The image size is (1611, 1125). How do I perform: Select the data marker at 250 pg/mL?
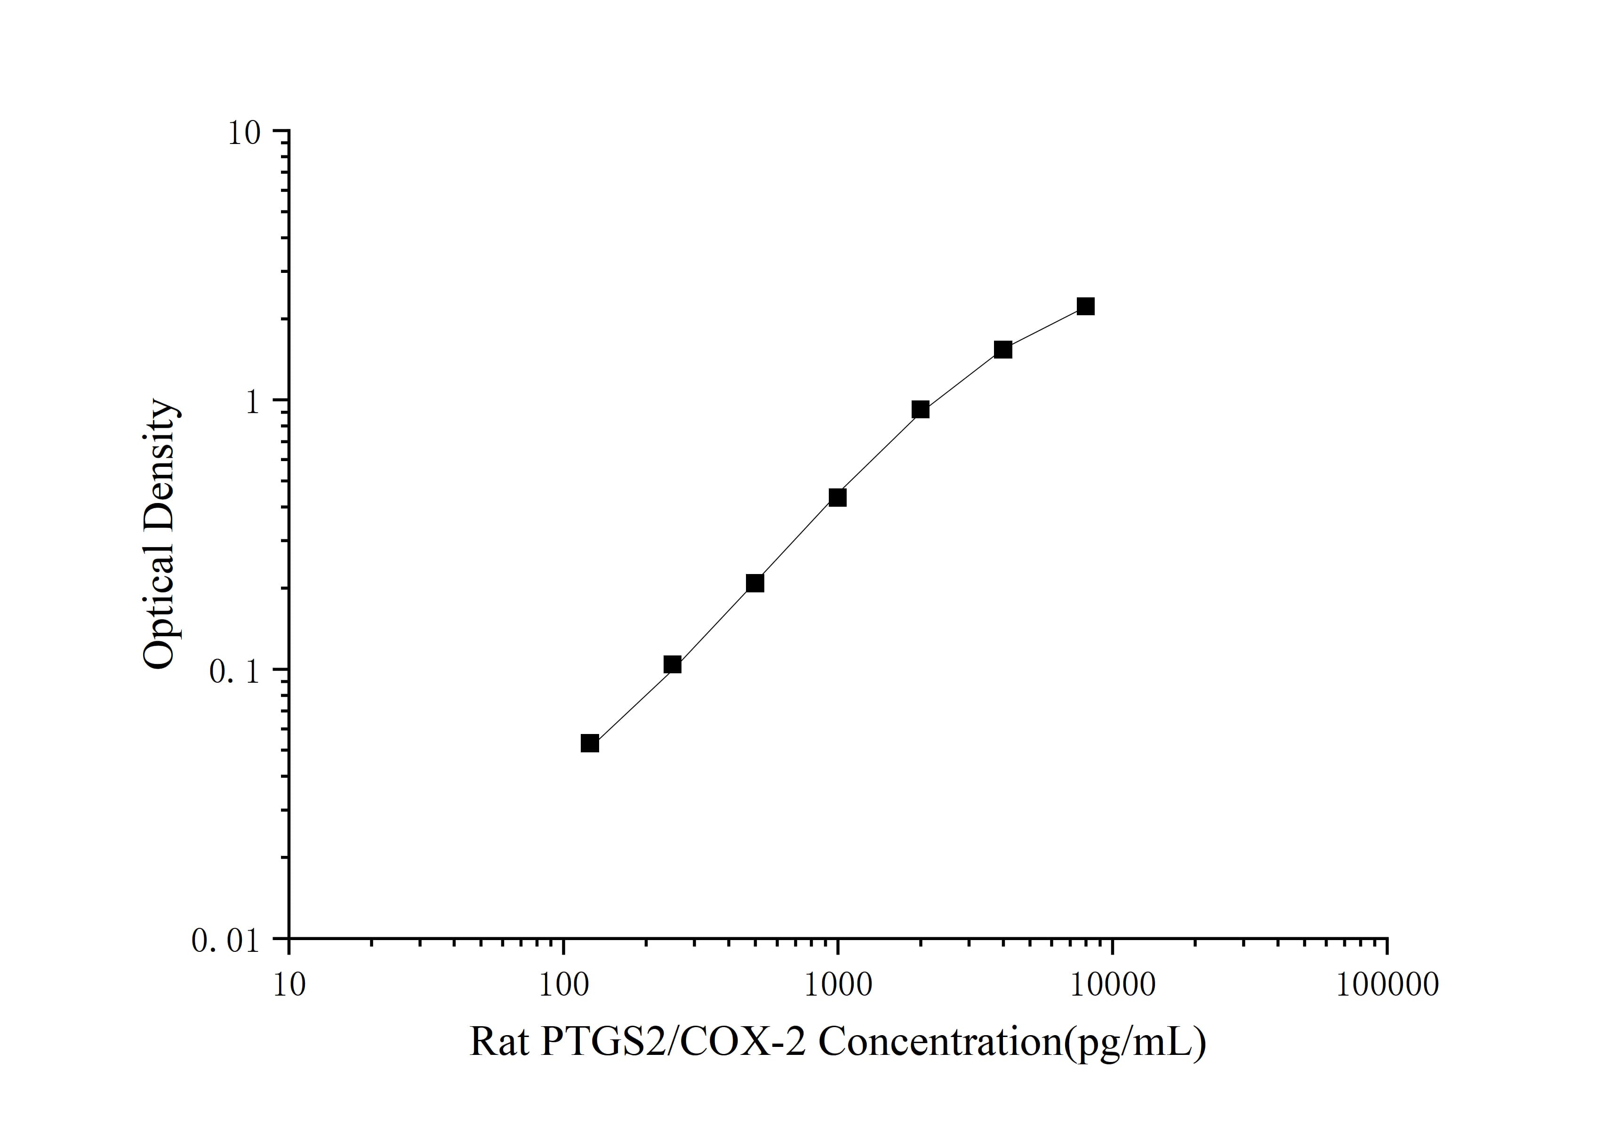[x=672, y=664]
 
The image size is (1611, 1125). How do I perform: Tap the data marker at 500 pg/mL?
[x=755, y=583]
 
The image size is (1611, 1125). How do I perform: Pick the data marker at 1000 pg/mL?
[x=837, y=497]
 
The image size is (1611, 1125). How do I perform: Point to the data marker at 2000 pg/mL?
[x=921, y=410]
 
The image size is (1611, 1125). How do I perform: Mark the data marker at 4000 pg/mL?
[x=1003, y=349]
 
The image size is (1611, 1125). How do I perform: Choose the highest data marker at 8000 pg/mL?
[x=1085, y=306]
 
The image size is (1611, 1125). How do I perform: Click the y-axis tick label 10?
[x=243, y=133]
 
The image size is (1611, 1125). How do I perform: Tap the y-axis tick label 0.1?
[x=234, y=672]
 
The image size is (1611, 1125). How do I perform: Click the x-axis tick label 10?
[x=289, y=985]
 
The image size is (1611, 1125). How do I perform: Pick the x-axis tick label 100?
[x=563, y=985]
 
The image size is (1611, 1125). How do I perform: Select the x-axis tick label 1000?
[x=837, y=985]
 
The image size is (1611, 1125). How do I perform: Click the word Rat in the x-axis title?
[x=498, y=1042]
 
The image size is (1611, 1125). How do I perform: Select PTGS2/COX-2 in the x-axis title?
[x=673, y=1042]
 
